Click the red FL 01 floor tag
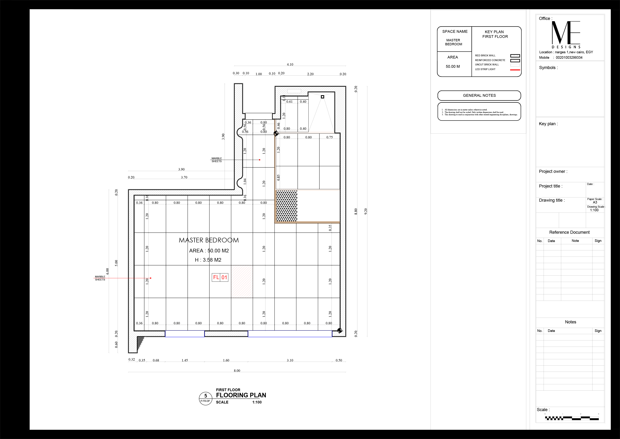pyautogui.click(x=220, y=277)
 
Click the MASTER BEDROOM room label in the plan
pyautogui.click(x=209, y=240)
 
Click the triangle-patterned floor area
pyautogui.click(x=286, y=206)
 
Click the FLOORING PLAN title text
pyautogui.click(x=241, y=395)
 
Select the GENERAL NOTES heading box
pyautogui.click(x=479, y=95)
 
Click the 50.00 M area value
pyautogui.click(x=453, y=66)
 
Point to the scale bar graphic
pyautogui.click(x=572, y=418)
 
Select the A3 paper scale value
pyautogui.click(x=595, y=202)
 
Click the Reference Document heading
pyautogui.click(x=569, y=232)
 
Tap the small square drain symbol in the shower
pyautogui.click(x=322, y=97)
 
